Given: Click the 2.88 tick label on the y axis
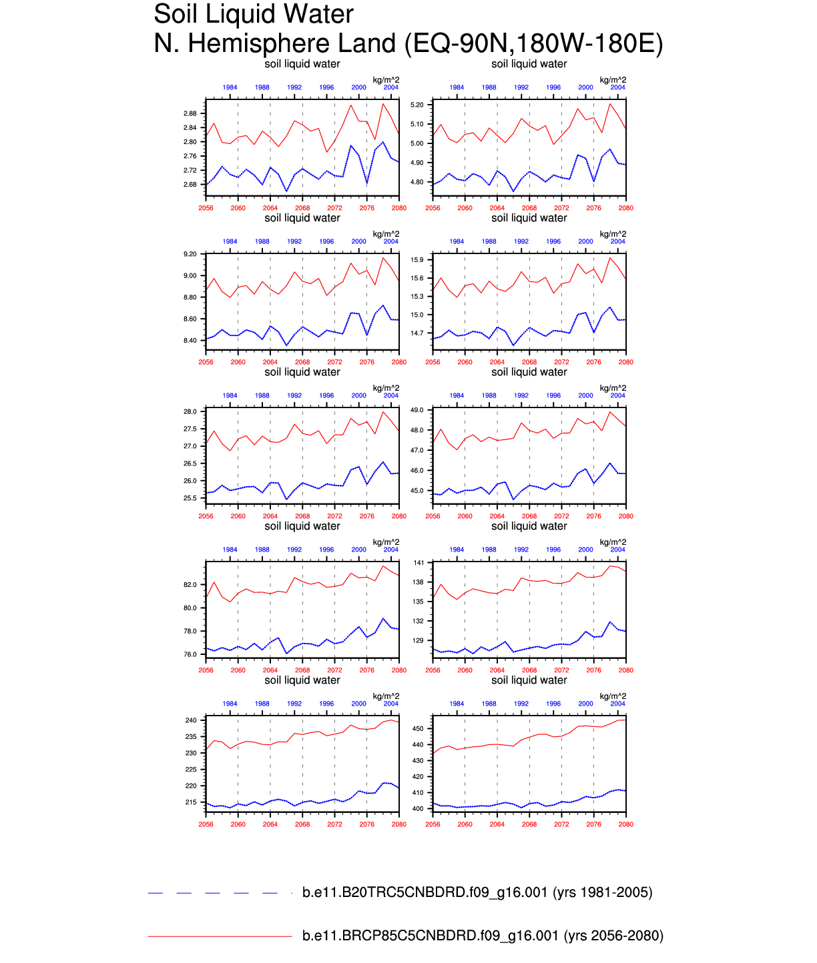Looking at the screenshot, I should (x=190, y=113).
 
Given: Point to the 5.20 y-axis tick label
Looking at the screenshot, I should (x=417, y=105).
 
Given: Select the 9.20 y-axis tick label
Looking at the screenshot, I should (x=190, y=254).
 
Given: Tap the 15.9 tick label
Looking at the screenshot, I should (x=417, y=259).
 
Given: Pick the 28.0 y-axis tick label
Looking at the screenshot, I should (x=190, y=411).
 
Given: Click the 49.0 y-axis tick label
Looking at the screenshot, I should (x=417, y=410).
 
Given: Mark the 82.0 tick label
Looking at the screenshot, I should (x=190, y=585).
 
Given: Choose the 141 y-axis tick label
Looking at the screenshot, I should (x=419, y=563).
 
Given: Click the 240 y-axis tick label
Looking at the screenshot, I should (x=191, y=720).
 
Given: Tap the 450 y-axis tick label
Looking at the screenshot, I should (x=419, y=728).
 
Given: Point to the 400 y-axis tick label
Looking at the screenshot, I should (x=419, y=809).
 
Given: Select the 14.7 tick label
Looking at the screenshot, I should (x=417, y=333).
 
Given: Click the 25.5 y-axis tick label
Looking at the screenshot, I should (x=190, y=498).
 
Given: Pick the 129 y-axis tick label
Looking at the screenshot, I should (x=419, y=641).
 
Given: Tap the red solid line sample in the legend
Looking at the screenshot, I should (x=220, y=936).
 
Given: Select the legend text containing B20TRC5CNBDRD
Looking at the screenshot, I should (x=477, y=892).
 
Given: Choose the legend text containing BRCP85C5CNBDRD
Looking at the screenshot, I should (x=483, y=936).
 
